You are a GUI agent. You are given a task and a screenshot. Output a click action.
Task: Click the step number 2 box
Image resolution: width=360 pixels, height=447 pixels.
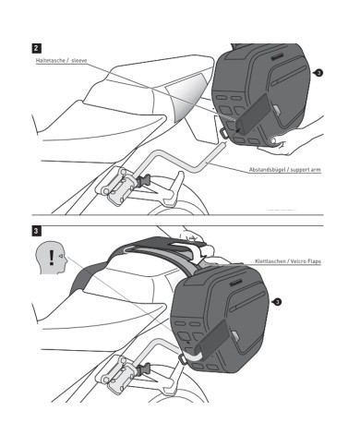point(36,48)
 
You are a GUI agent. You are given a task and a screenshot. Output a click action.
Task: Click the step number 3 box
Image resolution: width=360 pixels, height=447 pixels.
point(36,231)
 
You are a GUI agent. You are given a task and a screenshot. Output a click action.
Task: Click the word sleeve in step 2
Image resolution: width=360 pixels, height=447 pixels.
point(79,60)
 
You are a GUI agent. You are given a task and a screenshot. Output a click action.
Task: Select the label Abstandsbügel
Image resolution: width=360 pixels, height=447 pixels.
point(266,170)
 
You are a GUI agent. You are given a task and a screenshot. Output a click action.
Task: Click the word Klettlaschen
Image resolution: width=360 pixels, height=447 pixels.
point(269,261)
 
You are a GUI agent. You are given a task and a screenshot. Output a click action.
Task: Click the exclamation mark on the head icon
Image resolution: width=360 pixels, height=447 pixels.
point(52,258)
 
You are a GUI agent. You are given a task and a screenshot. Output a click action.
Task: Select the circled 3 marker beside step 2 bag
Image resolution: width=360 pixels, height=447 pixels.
point(318,73)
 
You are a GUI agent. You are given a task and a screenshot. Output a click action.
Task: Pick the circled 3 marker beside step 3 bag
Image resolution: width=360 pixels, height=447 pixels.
point(277,302)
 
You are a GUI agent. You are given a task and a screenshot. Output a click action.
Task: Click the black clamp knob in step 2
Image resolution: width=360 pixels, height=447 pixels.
point(143,180)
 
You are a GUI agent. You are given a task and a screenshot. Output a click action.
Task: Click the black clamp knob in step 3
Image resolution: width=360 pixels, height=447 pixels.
point(144,368)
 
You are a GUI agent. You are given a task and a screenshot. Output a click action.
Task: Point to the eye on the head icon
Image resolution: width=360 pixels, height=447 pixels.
point(61,256)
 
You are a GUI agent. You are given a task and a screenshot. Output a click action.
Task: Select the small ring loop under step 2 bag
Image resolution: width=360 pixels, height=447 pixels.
point(224,132)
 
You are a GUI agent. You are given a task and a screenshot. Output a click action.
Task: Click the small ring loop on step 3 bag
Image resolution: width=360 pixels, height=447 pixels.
point(183,359)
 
